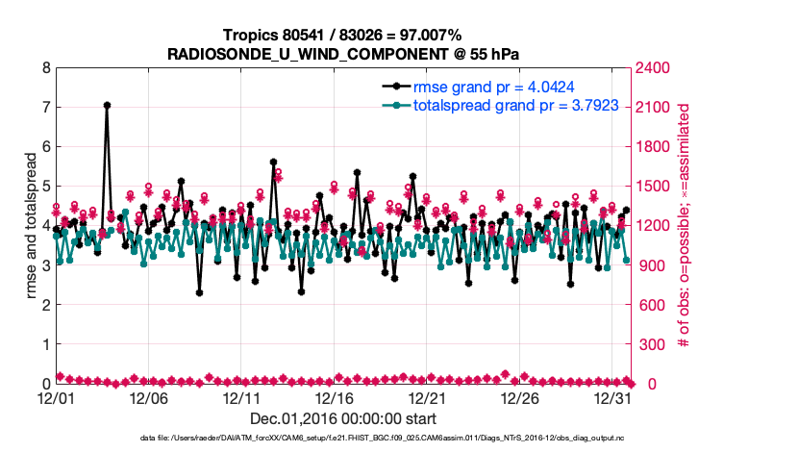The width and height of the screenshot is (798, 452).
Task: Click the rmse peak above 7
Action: [x=107, y=105]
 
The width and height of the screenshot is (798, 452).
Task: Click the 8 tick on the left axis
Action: [x=45, y=68]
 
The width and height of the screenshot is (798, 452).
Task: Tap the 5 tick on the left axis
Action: [x=45, y=187]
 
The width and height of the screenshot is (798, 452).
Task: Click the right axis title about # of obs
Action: [x=685, y=225]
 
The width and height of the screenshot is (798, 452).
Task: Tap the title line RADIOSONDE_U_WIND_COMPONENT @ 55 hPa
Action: [x=343, y=53]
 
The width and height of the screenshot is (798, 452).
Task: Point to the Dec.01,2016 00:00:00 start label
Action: [x=343, y=418]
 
